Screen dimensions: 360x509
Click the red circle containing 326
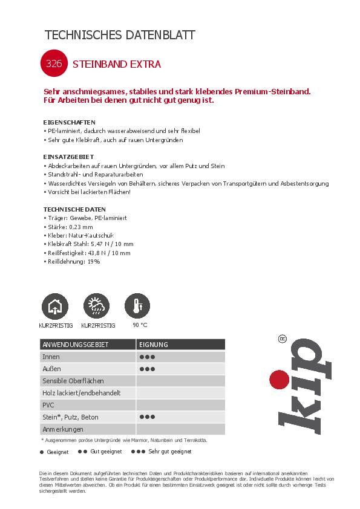click(x=53, y=63)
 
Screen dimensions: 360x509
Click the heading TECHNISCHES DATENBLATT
click(x=120, y=35)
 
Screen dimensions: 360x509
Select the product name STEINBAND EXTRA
click(x=116, y=63)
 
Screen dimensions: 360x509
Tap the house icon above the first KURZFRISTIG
click(x=54, y=306)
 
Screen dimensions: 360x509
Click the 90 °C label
click(x=139, y=325)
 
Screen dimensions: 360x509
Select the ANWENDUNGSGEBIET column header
click(x=75, y=345)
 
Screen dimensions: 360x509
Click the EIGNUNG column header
click(x=154, y=345)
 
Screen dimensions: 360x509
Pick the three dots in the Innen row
click(x=147, y=357)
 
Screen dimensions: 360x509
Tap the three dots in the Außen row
click(x=147, y=369)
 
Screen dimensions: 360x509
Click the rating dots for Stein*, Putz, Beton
click(x=147, y=417)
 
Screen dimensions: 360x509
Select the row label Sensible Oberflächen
click(x=73, y=381)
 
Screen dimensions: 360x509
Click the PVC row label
click(x=48, y=405)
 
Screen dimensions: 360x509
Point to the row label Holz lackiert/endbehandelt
click(x=81, y=393)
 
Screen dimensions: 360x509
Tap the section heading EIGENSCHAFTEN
click(x=70, y=122)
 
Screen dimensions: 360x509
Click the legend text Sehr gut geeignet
click(x=169, y=452)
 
